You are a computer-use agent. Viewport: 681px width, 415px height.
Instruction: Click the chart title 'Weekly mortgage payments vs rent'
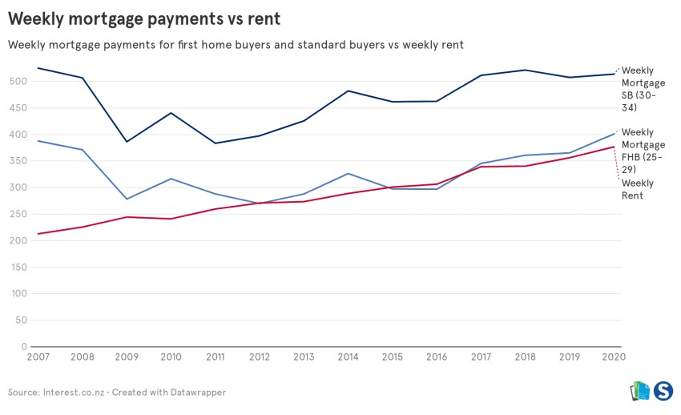pos(144,17)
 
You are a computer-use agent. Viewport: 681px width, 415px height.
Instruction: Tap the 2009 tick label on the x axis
pos(127,357)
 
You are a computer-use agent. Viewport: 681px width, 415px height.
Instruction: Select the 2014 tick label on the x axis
pos(349,357)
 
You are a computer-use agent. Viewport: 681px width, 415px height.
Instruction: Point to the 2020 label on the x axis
pos(614,357)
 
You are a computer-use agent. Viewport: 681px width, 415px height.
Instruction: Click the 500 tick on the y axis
pos(18,82)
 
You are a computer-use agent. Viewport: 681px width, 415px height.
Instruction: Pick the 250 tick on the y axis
pos(18,215)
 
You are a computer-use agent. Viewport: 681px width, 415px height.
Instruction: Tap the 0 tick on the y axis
pos(24,347)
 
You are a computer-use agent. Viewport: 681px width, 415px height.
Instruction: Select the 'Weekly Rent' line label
pos(638,189)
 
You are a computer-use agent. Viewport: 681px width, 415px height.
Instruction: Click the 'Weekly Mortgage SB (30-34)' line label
pos(643,89)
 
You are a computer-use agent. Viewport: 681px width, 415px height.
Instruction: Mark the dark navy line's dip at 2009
pos(127,142)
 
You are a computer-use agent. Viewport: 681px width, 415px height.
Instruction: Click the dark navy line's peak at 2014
pos(349,91)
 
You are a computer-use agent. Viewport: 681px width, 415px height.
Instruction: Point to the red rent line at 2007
pos(38,234)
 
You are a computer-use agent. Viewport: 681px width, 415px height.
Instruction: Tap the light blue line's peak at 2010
pos(171,179)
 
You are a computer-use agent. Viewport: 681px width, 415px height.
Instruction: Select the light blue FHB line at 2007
pos(38,141)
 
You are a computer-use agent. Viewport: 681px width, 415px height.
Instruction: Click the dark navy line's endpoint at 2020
pos(614,74)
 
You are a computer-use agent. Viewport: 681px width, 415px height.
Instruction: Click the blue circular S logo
pos(663,391)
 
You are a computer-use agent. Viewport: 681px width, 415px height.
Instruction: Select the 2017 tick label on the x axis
pos(481,357)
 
